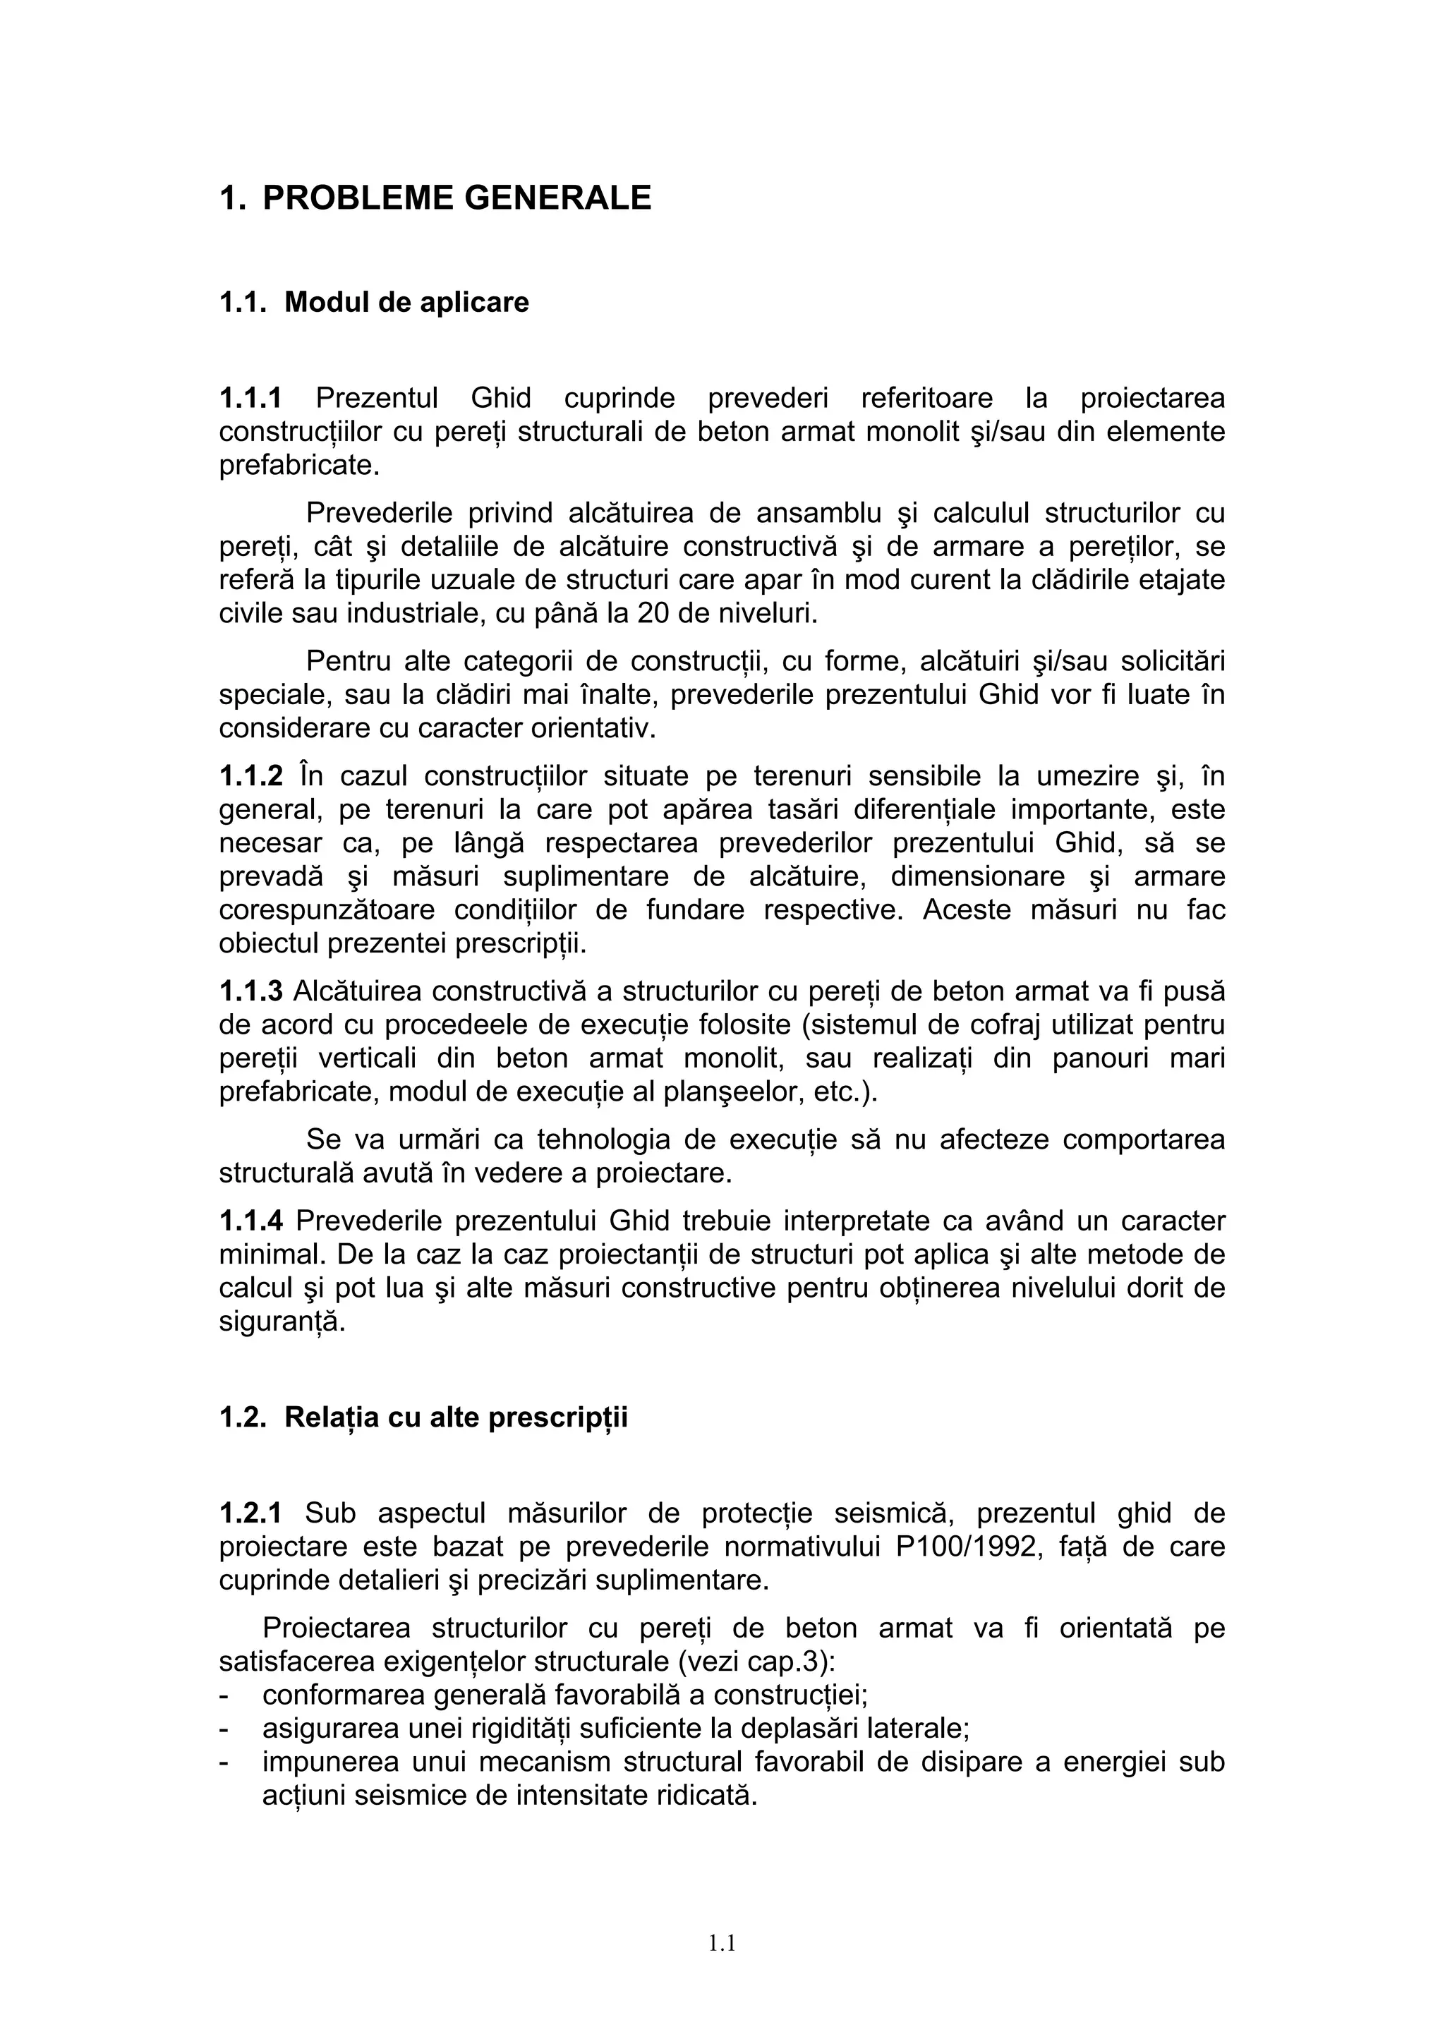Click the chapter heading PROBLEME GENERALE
[x=457, y=198]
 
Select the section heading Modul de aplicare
[x=406, y=303]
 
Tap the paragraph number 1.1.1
[x=250, y=398]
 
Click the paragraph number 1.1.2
[x=250, y=776]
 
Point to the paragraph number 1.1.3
[x=250, y=991]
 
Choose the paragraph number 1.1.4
[x=250, y=1221]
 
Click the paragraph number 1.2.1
[x=250, y=1513]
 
